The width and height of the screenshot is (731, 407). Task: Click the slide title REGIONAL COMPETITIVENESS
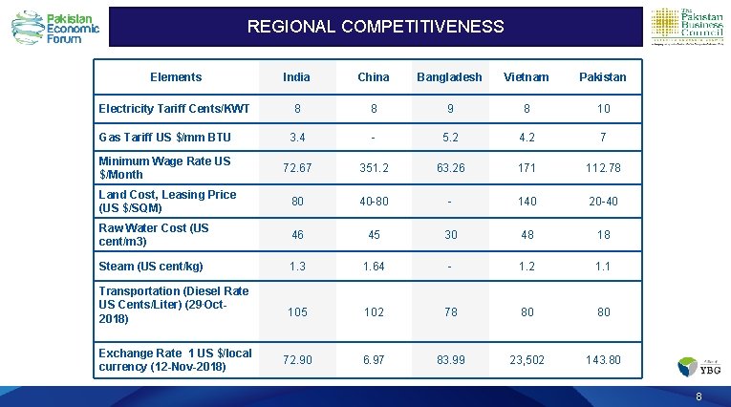point(375,27)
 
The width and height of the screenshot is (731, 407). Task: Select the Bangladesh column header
point(447,76)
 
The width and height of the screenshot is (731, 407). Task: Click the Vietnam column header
point(527,76)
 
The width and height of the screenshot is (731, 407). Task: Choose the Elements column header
point(176,76)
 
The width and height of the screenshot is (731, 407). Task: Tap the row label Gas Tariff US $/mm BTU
point(164,138)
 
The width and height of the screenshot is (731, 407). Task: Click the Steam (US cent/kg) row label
point(151,267)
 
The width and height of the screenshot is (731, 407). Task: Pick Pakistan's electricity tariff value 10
point(603,109)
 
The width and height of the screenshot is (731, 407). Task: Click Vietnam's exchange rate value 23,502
point(527,360)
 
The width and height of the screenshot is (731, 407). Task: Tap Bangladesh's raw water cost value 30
point(447,235)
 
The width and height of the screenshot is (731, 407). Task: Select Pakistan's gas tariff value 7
point(603,138)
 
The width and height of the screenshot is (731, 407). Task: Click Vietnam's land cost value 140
point(527,202)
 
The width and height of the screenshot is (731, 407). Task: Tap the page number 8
point(699,396)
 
